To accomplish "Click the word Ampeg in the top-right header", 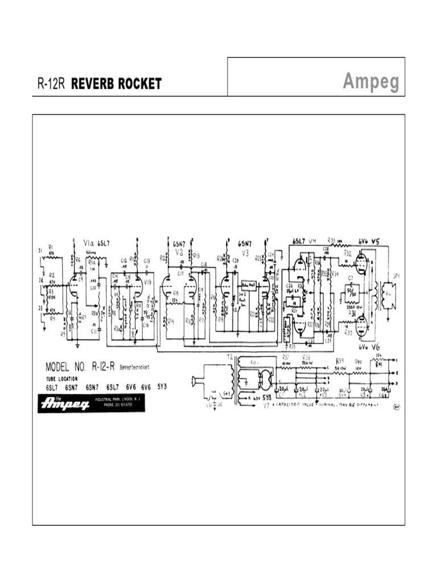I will pyautogui.click(x=370, y=82).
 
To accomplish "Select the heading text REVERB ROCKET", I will pyautogui.click(x=116, y=84).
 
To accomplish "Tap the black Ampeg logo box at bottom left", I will pyautogui.click(x=64, y=404).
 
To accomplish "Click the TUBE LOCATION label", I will pyautogui.click(x=64, y=378).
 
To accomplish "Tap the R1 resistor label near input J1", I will pyautogui.click(x=50, y=247).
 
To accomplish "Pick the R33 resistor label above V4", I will pyautogui.click(x=332, y=240).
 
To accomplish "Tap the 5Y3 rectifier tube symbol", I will pyautogui.click(x=264, y=379).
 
